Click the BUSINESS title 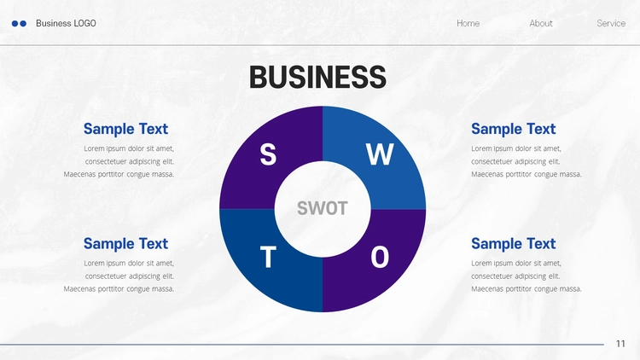pyautogui.click(x=317, y=77)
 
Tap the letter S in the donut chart pyautogui.click(x=268, y=154)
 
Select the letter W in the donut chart pyautogui.click(x=380, y=154)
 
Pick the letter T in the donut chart pyautogui.click(x=268, y=257)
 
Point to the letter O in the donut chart pyautogui.click(x=380, y=257)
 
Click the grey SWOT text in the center pyautogui.click(x=323, y=208)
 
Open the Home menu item pyautogui.click(x=468, y=23)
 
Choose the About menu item pyautogui.click(x=541, y=23)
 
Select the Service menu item pyautogui.click(x=611, y=23)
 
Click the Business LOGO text pyautogui.click(x=66, y=23)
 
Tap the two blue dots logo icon pyautogui.click(x=19, y=24)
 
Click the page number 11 pyautogui.click(x=620, y=344)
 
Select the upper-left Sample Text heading pyautogui.click(x=125, y=129)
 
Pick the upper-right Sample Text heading pyautogui.click(x=514, y=129)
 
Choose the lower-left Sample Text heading pyautogui.click(x=125, y=244)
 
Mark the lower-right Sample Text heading pyautogui.click(x=514, y=244)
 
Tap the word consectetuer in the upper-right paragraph pyautogui.click(x=492, y=161)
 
